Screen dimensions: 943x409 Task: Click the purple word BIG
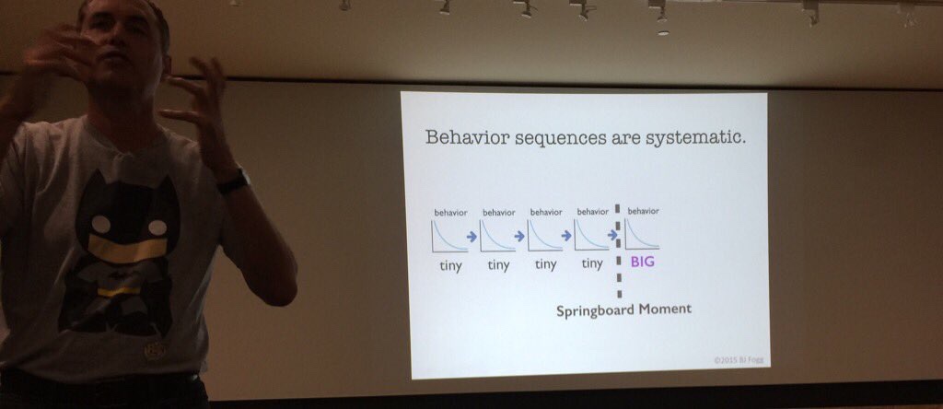pos(642,263)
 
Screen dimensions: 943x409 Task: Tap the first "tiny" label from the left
pos(449,264)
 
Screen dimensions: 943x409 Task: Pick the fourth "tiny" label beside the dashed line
pos(592,263)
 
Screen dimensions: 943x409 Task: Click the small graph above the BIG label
pos(642,234)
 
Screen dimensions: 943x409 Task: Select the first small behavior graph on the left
pos(449,236)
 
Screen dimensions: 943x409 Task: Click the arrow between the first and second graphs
pos(472,237)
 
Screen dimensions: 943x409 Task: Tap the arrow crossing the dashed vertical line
pos(613,235)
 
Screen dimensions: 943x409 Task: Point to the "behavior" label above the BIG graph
pos(643,211)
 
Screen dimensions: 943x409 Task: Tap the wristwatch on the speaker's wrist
pos(233,181)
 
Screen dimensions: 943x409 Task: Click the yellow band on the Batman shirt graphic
pos(120,247)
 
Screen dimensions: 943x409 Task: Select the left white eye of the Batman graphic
pos(100,225)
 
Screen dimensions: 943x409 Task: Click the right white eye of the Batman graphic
pos(157,228)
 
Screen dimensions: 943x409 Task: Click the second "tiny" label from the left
pos(498,264)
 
